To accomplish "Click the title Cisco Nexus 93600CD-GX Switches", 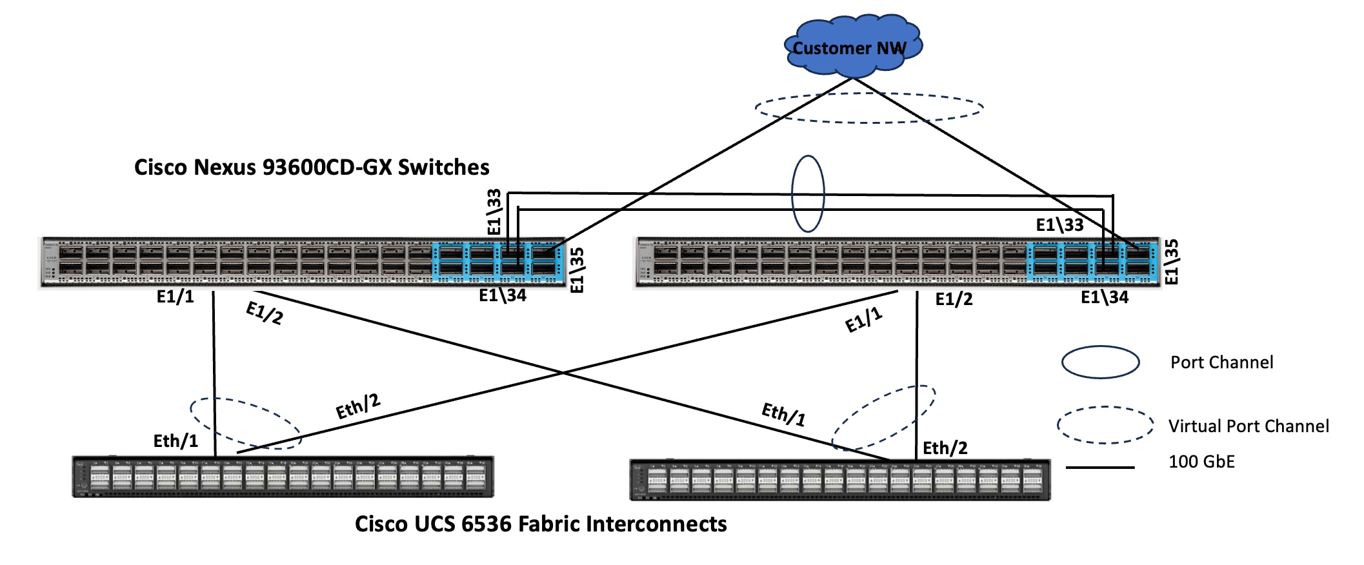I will tap(312, 168).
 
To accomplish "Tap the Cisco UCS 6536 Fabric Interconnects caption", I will tap(541, 524).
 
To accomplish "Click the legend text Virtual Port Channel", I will tap(1248, 426).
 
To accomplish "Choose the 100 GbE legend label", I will tap(1201, 462).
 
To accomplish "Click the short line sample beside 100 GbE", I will tap(1099, 467).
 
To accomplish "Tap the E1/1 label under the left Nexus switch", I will tap(175, 297).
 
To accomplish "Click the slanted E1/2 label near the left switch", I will tap(265, 313).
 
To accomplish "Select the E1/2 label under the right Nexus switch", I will tap(954, 299).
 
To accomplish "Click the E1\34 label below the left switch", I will tap(503, 296).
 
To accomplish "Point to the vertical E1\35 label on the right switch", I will tap(1171, 262).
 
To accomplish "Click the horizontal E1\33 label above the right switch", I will tap(1059, 225).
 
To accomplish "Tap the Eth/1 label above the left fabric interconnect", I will tap(176, 441).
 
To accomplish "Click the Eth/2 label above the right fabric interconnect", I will tap(945, 448).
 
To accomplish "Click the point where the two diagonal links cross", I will tap(563, 373).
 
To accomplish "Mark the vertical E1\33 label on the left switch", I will tap(494, 212).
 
